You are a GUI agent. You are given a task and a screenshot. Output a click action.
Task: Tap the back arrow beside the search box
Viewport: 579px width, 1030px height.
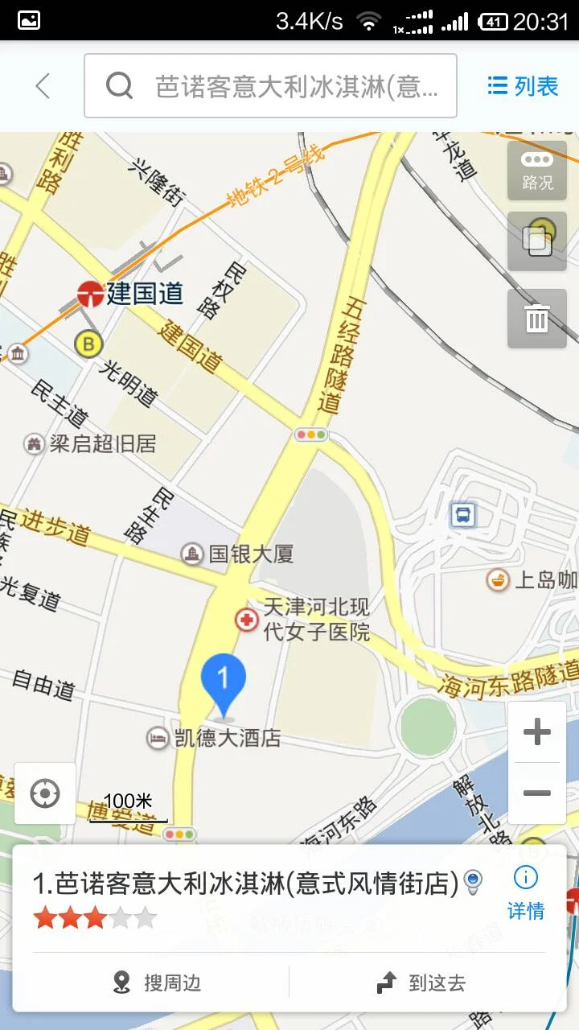(43, 86)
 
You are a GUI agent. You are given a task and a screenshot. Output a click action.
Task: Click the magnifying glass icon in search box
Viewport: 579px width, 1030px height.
(119, 85)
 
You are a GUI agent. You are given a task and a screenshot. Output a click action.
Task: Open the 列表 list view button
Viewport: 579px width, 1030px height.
(524, 86)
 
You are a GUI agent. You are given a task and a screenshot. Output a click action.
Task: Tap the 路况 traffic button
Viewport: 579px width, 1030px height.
(537, 171)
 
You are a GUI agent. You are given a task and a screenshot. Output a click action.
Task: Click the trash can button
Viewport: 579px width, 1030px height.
(537, 319)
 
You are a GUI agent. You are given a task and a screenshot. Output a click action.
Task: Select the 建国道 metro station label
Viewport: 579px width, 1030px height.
(145, 294)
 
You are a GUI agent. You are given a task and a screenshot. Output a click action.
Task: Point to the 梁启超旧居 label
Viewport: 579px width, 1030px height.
(102, 443)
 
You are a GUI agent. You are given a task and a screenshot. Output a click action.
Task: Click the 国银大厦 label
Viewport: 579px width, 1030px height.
(250, 554)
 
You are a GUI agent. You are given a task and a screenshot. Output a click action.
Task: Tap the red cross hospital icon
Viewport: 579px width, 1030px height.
(246, 620)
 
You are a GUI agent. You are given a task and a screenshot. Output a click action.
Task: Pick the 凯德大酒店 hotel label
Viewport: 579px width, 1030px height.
(227, 737)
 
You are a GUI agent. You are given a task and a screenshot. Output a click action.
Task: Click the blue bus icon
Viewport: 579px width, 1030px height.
(463, 514)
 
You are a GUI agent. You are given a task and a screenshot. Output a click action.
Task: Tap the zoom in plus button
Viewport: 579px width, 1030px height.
(537, 731)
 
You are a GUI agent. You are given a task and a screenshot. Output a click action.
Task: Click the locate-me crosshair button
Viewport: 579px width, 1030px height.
(45, 794)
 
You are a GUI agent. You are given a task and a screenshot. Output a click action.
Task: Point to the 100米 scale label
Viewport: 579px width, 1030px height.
(128, 801)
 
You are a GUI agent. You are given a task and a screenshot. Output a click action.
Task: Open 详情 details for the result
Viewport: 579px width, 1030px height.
(526, 892)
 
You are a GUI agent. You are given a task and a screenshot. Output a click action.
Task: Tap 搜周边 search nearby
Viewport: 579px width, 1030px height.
(158, 983)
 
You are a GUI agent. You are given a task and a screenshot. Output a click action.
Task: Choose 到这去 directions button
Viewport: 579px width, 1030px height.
(421, 983)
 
